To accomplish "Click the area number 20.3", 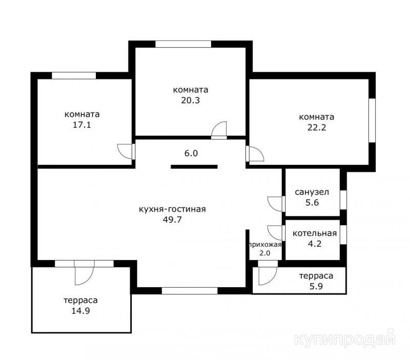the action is click(190, 100).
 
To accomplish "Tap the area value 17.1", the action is click(82, 125).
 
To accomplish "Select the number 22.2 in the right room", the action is click(317, 128).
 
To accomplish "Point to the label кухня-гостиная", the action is click(172, 209).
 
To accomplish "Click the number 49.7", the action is click(172, 220).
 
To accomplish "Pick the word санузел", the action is click(312, 192).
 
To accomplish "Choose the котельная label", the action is click(315, 234).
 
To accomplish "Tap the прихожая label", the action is click(265, 245).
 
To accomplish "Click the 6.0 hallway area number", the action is click(191, 153).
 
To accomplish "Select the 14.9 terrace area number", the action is click(81, 311).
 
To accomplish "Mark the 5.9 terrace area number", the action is click(316, 286).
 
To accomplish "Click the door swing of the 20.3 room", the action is click(219, 130).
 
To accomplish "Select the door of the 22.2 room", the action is click(255, 154).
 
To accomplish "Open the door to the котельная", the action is click(276, 232).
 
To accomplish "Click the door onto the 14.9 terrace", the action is click(84, 272).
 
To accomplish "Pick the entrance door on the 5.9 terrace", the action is click(268, 273).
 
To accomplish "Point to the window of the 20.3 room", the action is click(183, 44).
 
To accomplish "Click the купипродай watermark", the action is click(345, 339).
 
